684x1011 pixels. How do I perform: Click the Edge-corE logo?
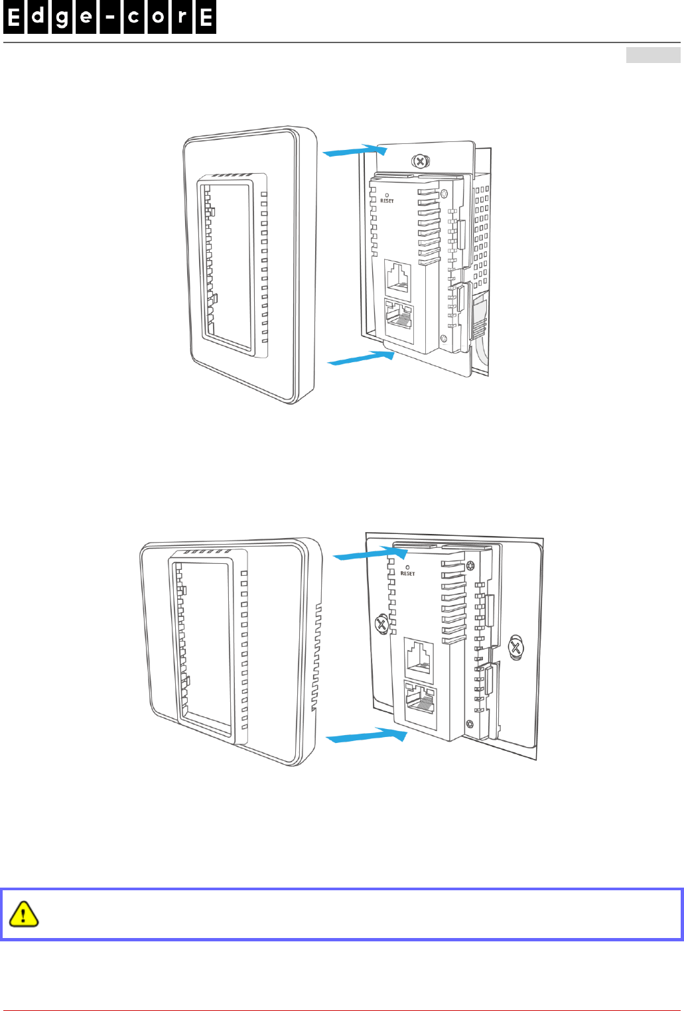[109, 18]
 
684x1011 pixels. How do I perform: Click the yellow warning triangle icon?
[23, 913]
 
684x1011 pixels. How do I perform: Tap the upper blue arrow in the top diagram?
[354, 151]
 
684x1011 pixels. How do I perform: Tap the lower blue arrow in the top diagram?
[362, 358]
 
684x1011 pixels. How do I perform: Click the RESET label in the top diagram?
[387, 200]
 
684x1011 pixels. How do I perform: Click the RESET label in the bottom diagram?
[407, 573]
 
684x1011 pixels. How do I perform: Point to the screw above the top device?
[420, 161]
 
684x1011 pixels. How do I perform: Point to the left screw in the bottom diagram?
[381, 624]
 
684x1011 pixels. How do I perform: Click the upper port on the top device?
[398, 277]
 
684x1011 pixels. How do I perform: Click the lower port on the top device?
[399, 316]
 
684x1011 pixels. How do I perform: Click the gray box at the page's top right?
[653, 55]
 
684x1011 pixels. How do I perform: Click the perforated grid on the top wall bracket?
[481, 232]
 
